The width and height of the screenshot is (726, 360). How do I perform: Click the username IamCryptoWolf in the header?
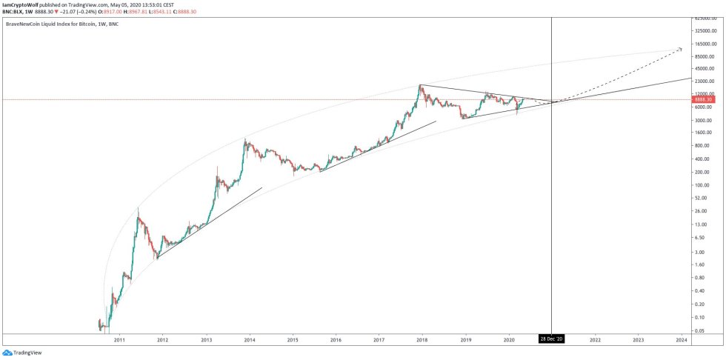(21, 4)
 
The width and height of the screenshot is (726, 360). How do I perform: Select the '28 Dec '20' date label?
(552, 339)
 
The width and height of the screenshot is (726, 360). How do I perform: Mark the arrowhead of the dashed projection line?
(681, 50)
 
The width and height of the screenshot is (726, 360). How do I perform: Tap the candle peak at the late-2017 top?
(420, 86)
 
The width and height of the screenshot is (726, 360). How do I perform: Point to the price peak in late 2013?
(245, 138)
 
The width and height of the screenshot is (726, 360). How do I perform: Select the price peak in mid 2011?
(138, 210)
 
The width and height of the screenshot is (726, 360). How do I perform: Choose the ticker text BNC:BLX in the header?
(14, 11)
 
